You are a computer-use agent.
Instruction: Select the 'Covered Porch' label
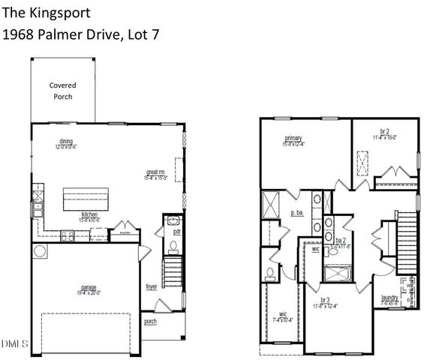point(62,91)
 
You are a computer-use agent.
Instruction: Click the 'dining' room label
point(66,142)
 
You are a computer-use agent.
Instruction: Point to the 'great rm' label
point(156,174)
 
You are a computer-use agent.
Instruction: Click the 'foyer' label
point(151,286)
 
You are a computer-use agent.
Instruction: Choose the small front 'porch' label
point(151,322)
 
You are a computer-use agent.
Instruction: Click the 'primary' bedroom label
point(293,137)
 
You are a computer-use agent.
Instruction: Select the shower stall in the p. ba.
point(269,204)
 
